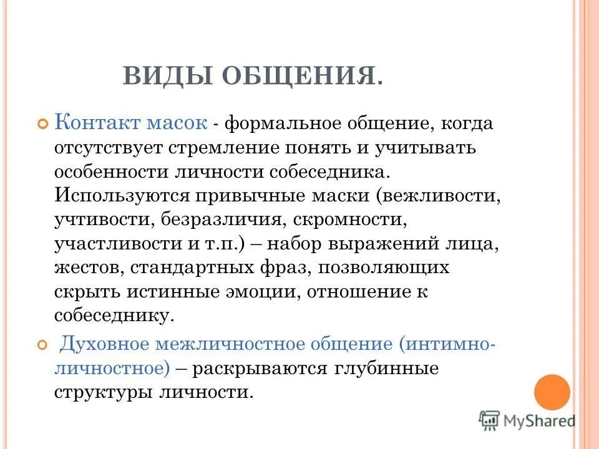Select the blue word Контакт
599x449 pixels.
click(97, 123)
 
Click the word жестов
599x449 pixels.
click(80, 268)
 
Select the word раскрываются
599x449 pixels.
click(263, 368)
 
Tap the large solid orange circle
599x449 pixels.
click(552, 392)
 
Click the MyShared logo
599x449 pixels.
click(528, 420)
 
